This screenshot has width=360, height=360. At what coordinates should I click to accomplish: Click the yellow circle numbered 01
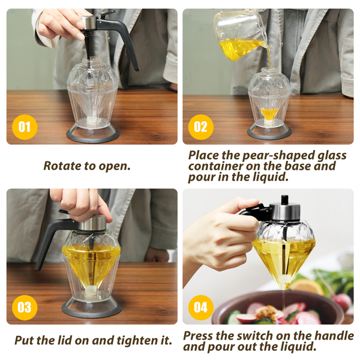[25, 127]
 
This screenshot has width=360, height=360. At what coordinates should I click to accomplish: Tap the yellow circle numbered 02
[201, 127]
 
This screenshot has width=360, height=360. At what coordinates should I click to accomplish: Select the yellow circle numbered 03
[25, 307]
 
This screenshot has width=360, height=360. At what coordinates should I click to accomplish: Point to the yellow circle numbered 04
[201, 307]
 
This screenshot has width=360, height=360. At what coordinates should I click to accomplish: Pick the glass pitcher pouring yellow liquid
[241, 34]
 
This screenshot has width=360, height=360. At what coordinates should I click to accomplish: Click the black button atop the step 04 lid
[284, 200]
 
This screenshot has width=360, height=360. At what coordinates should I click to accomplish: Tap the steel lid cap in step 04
[284, 211]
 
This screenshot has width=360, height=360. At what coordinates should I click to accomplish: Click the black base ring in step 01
[93, 136]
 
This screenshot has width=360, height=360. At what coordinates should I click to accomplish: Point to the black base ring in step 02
[269, 133]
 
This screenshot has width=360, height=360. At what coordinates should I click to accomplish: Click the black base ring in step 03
[92, 310]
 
